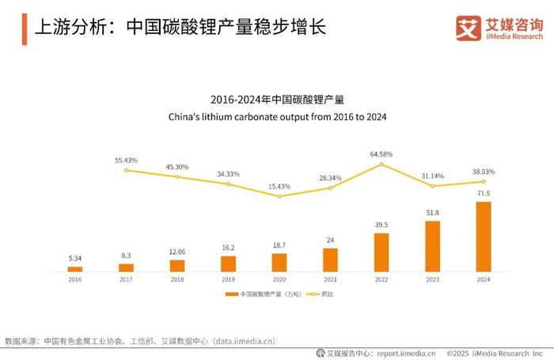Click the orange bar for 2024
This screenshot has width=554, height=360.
click(x=483, y=237)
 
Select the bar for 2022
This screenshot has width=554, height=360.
click(x=381, y=252)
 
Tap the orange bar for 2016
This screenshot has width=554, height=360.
click(x=75, y=269)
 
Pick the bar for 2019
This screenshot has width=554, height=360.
click(x=228, y=263)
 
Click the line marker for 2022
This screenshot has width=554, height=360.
click(x=381, y=164)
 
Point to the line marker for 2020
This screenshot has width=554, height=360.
click(x=279, y=195)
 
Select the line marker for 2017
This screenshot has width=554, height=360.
click(x=126, y=169)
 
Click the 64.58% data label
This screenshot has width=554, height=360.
click(x=381, y=153)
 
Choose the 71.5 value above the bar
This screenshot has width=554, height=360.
click(x=483, y=193)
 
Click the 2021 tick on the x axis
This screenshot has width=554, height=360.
click(x=330, y=279)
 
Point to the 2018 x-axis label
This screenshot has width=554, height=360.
click(x=177, y=279)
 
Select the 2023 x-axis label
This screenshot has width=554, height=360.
click(x=432, y=279)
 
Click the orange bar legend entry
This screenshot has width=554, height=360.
click(x=253, y=294)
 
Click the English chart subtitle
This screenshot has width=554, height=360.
click(x=276, y=116)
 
